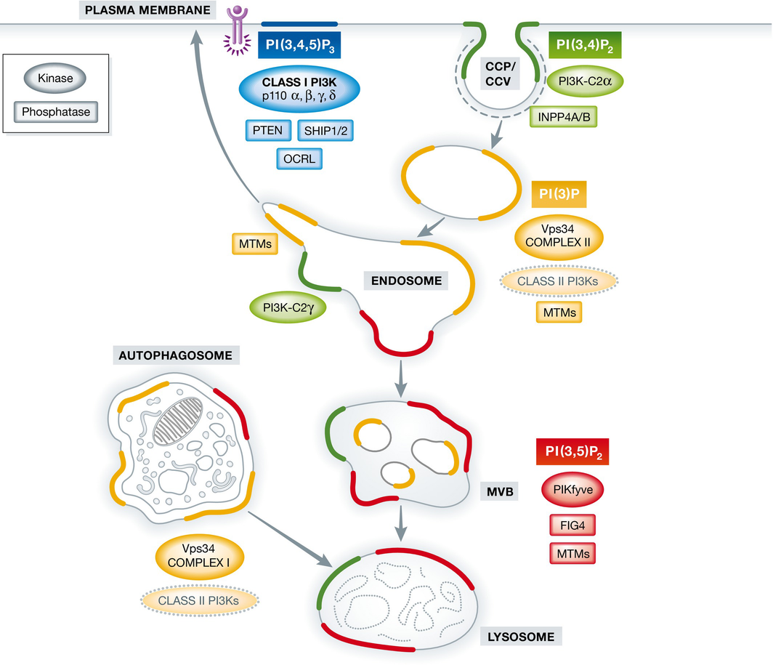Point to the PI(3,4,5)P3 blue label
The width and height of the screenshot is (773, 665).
300,48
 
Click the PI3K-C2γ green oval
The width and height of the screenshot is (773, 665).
286,307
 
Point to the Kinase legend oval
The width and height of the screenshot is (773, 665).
56,78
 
